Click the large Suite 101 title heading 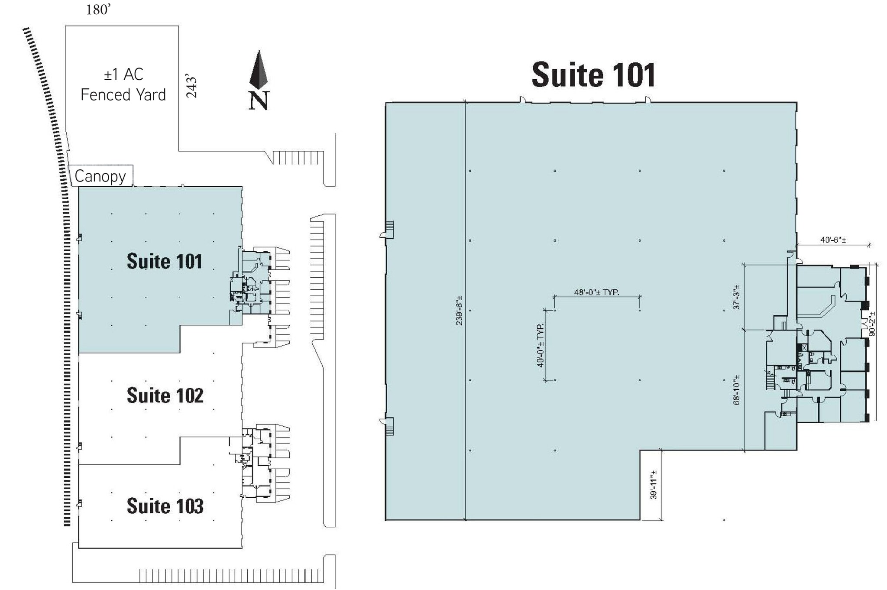[x=593, y=75]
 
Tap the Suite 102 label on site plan [x=165, y=395]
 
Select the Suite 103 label [x=165, y=506]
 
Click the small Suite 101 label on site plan [x=165, y=261]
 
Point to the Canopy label [x=100, y=176]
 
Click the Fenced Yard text [x=123, y=94]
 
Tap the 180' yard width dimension [x=99, y=10]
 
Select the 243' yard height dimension [x=191, y=88]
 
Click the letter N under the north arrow [x=259, y=100]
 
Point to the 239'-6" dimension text [x=459, y=310]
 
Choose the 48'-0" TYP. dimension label [x=596, y=292]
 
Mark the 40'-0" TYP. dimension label [x=541, y=345]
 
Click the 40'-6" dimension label [x=833, y=240]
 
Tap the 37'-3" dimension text [x=737, y=297]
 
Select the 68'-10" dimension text [x=737, y=390]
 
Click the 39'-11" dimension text [x=654, y=485]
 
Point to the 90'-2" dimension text [x=872, y=324]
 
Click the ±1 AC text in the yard [x=123, y=75]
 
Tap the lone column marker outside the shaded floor [x=724, y=520]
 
